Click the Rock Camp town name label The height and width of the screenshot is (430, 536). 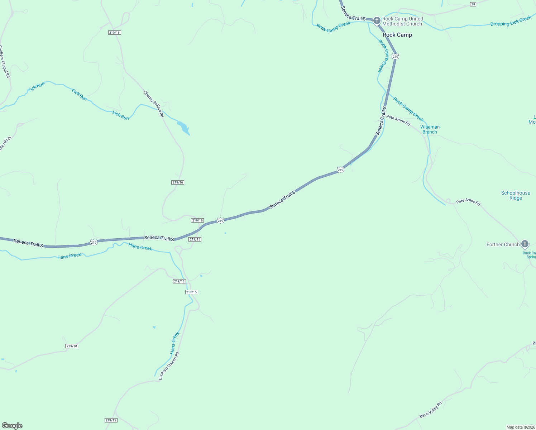[397, 35]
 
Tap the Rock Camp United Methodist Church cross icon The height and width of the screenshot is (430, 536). [377, 21]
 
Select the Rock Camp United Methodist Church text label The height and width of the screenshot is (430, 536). [402, 21]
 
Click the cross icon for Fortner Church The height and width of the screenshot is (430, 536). [525, 244]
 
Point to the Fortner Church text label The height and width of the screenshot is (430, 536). [503, 244]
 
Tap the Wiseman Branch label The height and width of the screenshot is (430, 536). [430, 129]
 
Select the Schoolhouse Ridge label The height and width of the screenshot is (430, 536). [515, 195]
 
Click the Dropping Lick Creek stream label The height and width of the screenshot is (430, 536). [511, 21]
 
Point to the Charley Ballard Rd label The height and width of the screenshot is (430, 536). [153, 104]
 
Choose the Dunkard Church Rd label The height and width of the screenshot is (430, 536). [168, 366]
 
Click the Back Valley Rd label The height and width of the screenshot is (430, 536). [431, 410]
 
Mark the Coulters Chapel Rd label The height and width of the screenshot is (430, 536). [5, 61]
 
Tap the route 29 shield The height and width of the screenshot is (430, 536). [473, 4]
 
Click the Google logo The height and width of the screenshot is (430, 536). [12, 426]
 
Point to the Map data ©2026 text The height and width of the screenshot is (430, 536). [520, 427]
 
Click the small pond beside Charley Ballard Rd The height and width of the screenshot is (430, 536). [183, 128]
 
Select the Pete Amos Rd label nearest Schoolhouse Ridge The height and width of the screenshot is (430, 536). [468, 202]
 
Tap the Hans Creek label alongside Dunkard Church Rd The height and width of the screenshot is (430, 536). [174, 343]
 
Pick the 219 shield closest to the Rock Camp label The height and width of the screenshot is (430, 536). [395, 57]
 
